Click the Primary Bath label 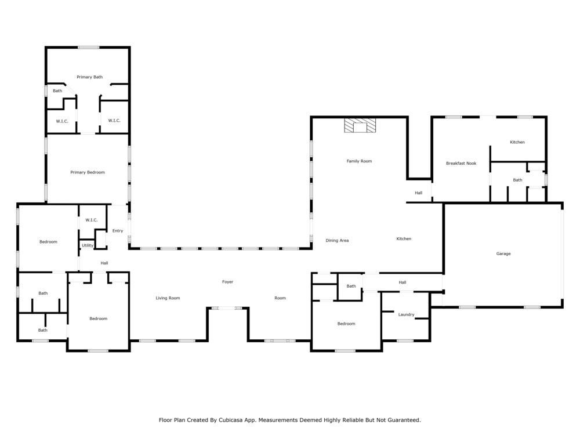click(x=89, y=77)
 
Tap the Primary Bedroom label click(x=88, y=172)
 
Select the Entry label click(x=118, y=231)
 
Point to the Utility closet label click(x=88, y=245)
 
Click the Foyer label click(x=228, y=282)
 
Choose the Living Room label click(x=168, y=298)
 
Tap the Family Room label click(x=359, y=161)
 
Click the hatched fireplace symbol click(x=360, y=125)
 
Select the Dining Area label click(x=337, y=241)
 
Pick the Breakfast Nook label click(x=461, y=164)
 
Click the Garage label click(x=503, y=254)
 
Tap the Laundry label click(x=406, y=315)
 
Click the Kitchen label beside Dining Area click(x=404, y=239)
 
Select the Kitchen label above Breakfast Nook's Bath click(x=517, y=142)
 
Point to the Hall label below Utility click(x=104, y=263)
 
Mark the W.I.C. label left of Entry click(x=92, y=220)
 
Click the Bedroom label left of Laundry click(x=346, y=324)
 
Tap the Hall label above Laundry click(x=403, y=282)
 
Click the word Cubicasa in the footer click(x=230, y=420)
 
